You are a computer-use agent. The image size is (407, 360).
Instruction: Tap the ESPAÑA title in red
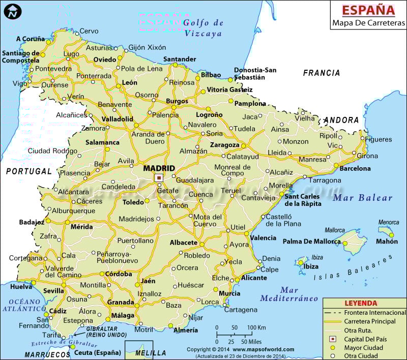click(368, 10)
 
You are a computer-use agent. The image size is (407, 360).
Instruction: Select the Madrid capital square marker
click(159, 177)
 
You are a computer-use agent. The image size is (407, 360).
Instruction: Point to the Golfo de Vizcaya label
click(203, 28)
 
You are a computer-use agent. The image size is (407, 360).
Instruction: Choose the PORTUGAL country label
click(29, 171)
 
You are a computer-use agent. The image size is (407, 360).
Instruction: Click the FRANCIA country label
click(322, 73)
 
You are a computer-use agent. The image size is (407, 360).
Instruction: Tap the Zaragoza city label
click(224, 145)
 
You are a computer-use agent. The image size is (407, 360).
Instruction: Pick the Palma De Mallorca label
click(308, 241)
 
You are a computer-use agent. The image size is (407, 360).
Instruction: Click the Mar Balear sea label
click(363, 198)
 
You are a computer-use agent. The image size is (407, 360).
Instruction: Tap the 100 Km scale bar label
click(257, 327)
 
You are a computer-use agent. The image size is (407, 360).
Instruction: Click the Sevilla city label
click(54, 290)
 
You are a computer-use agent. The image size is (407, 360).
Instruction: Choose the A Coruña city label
click(31, 39)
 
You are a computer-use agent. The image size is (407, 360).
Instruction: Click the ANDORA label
click(341, 121)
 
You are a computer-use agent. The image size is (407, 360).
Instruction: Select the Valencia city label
click(263, 237)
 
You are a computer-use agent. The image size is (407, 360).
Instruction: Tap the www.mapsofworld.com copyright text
click(264, 349)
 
